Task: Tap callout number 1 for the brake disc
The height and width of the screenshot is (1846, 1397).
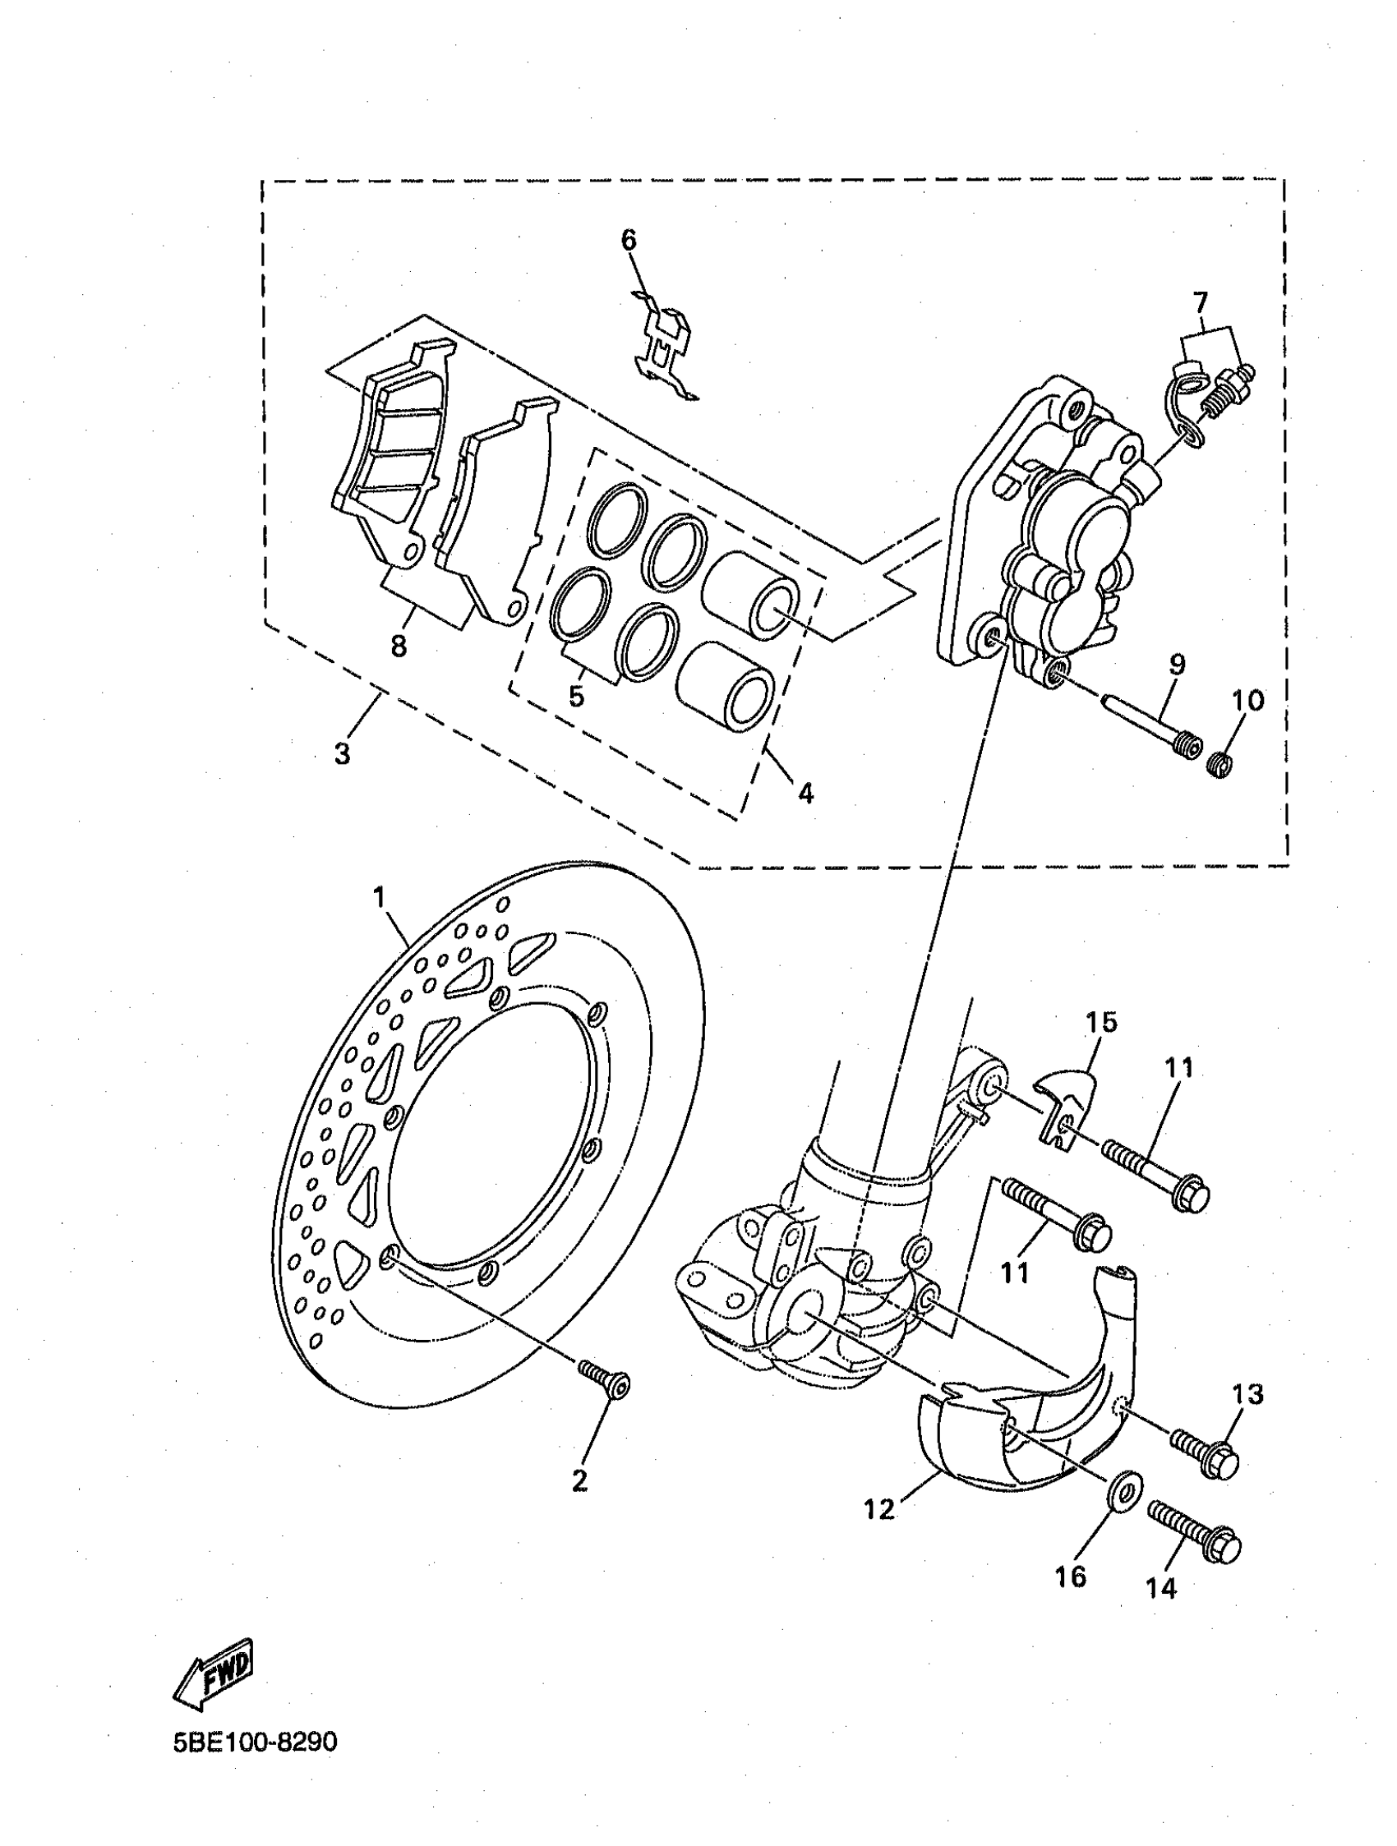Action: (x=380, y=898)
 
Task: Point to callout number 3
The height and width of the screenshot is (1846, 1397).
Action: (x=341, y=753)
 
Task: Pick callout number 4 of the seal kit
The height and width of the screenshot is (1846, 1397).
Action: (x=805, y=792)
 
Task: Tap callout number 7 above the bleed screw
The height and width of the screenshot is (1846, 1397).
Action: (x=1200, y=300)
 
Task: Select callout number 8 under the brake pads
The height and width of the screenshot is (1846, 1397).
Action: (x=399, y=645)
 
